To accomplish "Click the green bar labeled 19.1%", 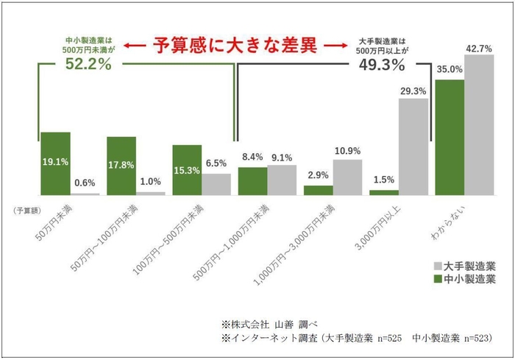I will point(55,163).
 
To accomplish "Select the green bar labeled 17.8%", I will point(121,166).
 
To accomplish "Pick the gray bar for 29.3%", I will point(413,147).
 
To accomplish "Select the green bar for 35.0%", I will point(450,137).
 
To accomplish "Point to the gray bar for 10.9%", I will point(347,177).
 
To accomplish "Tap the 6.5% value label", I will point(216,163).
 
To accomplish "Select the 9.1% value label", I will point(282,156).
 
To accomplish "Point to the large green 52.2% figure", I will point(87,66).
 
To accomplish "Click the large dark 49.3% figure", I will point(383,66).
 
